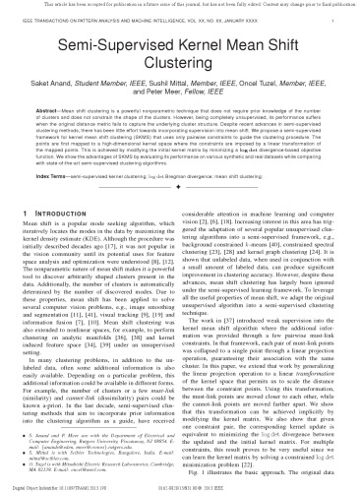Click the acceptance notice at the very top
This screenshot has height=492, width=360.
click(180, 5)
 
